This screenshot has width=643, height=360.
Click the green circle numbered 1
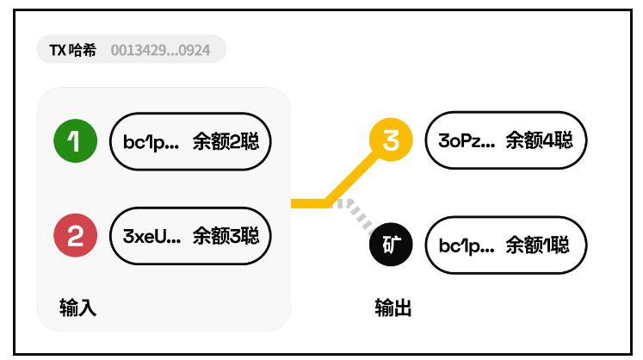coord(76,141)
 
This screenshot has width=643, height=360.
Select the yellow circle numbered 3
coord(390,140)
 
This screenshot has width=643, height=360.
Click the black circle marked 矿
coord(390,246)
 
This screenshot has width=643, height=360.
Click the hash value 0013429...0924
coord(160,49)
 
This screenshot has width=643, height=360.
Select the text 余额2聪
coord(226,141)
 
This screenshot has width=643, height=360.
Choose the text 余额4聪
coord(539,140)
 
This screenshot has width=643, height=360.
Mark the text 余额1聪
coord(538,246)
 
